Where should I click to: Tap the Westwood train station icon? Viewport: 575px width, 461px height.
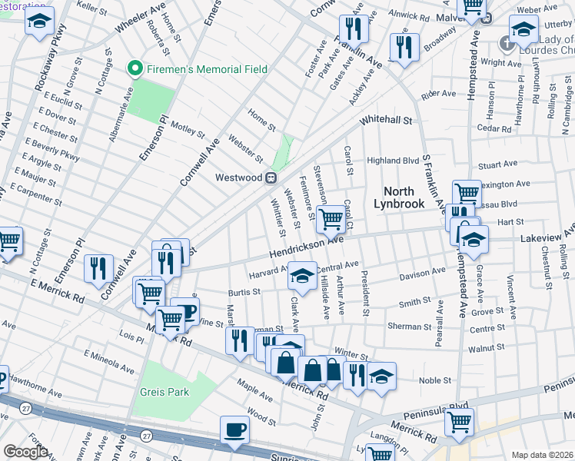coord(271,177)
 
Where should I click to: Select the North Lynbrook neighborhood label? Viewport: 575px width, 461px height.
coord(398,197)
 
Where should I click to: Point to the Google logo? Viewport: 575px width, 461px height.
coord(25,452)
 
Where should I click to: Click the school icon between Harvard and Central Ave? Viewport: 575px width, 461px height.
coord(303,276)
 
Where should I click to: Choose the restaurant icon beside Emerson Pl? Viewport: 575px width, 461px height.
coord(98,268)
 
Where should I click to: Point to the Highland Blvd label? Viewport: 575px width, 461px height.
coord(392,161)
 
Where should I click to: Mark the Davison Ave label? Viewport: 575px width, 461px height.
coord(422,272)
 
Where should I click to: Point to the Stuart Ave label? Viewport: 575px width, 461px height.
coord(497,164)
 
